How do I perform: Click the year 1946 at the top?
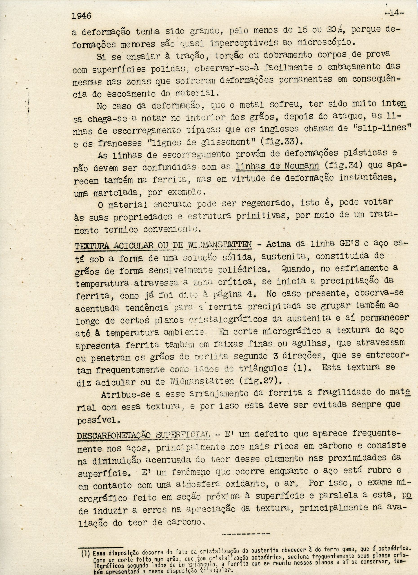pyautogui.click(x=81, y=16)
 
